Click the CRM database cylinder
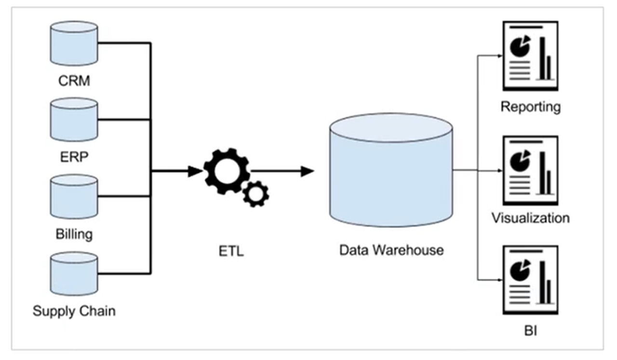pos(74,43)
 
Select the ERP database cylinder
pos(74,120)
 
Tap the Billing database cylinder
pos(74,197)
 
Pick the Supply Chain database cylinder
pos(74,274)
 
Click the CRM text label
pos(74,80)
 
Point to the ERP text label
pos(74,157)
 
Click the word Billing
pos(74,235)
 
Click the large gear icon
pos(227,171)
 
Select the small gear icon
pos(256,194)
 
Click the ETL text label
pos(231,251)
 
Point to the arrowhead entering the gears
pos(195,171)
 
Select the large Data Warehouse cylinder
pos(391,170)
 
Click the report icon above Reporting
pos(531,56)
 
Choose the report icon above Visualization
pos(531,171)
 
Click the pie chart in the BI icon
pos(520,270)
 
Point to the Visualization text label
pos(531,218)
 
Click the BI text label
pos(531,331)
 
